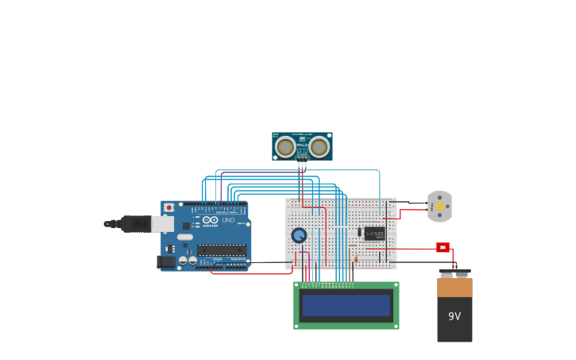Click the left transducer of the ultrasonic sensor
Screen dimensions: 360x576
tap(285, 147)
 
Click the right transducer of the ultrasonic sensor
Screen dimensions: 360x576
tap(319, 147)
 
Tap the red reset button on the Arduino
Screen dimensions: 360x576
tap(168, 208)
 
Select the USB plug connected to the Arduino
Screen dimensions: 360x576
tap(135, 224)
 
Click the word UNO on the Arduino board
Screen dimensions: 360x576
tap(228, 220)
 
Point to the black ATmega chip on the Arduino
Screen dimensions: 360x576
tap(222, 250)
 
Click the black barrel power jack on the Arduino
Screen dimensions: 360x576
tap(166, 261)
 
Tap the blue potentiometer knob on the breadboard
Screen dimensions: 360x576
tap(299, 235)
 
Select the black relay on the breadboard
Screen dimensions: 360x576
tap(374, 234)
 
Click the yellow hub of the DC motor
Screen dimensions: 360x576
tap(439, 207)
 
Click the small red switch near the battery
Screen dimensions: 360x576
tap(443, 247)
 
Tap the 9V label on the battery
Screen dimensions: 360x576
tap(454, 316)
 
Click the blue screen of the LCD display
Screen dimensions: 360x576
tap(346, 305)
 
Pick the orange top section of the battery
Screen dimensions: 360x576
tap(454, 287)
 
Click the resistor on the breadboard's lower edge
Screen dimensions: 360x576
tap(355, 258)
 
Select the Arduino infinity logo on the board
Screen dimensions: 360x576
tap(210, 220)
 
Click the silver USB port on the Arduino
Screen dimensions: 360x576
tap(162, 224)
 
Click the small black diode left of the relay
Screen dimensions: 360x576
tap(359, 233)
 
